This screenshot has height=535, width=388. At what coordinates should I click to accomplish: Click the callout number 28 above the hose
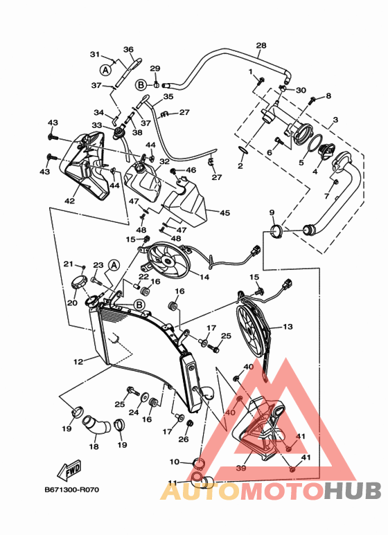pos(261,46)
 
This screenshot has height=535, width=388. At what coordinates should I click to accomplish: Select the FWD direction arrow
pos(69,469)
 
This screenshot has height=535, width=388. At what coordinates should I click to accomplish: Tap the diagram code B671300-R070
pos(72,490)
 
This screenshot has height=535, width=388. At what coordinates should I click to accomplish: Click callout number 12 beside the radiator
pos(78,361)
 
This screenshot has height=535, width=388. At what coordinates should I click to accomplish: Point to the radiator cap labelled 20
pos(79,282)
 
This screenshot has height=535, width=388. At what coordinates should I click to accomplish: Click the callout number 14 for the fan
pos(204,277)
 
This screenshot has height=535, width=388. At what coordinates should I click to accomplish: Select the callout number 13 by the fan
pos(288,327)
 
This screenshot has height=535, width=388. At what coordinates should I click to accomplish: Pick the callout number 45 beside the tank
pos(224,212)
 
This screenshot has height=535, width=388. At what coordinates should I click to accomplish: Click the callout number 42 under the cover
pos(70,201)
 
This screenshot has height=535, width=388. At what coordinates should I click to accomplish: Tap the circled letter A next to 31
pos(106,70)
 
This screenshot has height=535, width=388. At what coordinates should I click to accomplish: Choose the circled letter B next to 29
pos(141,84)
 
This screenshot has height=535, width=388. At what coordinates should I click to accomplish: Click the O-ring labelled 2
pos(242,149)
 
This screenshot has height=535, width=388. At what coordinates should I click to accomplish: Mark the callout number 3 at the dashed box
pos(335,120)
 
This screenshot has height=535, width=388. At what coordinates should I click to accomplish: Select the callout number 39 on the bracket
pos(241,468)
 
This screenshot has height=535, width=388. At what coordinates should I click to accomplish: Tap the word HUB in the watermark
pos(352,491)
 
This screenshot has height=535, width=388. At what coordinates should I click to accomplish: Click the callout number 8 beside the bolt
pos(328,96)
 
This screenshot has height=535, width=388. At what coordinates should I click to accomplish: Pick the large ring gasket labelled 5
pos(315,143)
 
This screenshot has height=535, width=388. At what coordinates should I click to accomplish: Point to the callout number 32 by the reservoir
pos(164,161)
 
